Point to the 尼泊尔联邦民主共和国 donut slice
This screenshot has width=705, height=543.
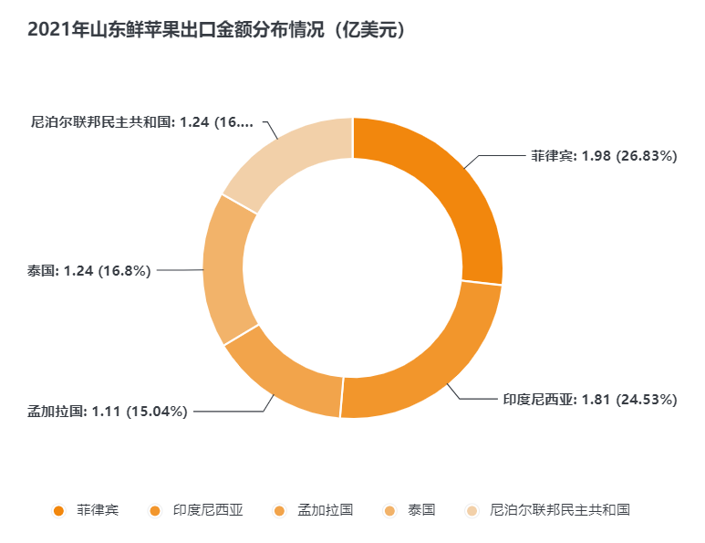coord(283,160)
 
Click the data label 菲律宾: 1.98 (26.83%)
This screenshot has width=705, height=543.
coord(604,156)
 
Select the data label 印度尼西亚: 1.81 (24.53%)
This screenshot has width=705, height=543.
coord(590,399)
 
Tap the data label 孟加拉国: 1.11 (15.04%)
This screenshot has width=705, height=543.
coord(107,412)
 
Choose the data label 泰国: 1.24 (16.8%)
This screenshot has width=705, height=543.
coord(88,270)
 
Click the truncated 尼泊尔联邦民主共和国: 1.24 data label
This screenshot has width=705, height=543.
coord(141,121)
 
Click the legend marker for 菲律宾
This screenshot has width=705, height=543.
coord(58,510)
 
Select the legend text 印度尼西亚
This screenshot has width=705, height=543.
coord(209,510)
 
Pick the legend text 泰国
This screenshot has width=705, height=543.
coord(422,510)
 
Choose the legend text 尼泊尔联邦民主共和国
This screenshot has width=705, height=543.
coord(560,510)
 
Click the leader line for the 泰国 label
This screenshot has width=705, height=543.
coord(181,270)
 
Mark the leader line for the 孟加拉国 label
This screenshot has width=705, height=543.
coord(228,412)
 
